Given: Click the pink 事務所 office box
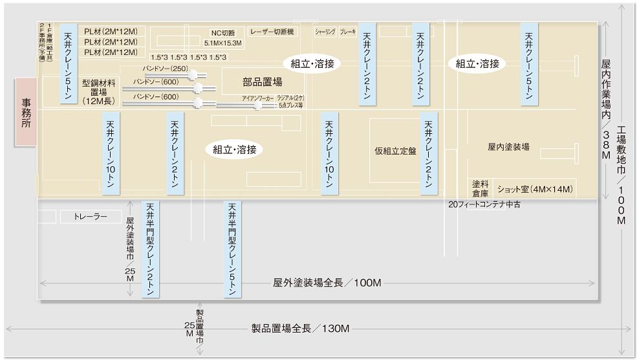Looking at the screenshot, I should [27, 113].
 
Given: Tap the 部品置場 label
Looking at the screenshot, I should [263, 82].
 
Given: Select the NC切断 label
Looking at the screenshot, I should [223, 33].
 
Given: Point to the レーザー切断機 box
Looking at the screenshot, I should [272, 32].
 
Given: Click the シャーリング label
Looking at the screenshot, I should [325, 31].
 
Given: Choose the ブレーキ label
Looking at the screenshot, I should [348, 31].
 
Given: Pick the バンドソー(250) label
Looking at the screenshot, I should [166, 69].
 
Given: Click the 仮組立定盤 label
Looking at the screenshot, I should [395, 151].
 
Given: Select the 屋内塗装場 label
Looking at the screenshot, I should [508, 147].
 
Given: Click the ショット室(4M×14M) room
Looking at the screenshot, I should [535, 190].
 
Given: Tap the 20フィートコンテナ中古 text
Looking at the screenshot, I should [484, 204].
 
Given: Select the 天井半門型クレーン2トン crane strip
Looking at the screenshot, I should [151, 249].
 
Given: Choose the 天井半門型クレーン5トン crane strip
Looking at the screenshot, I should [232, 249].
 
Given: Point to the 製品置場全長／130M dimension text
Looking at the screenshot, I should [300, 329].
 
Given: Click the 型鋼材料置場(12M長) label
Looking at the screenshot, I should [99, 92].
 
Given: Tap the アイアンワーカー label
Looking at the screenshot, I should [256, 98].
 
